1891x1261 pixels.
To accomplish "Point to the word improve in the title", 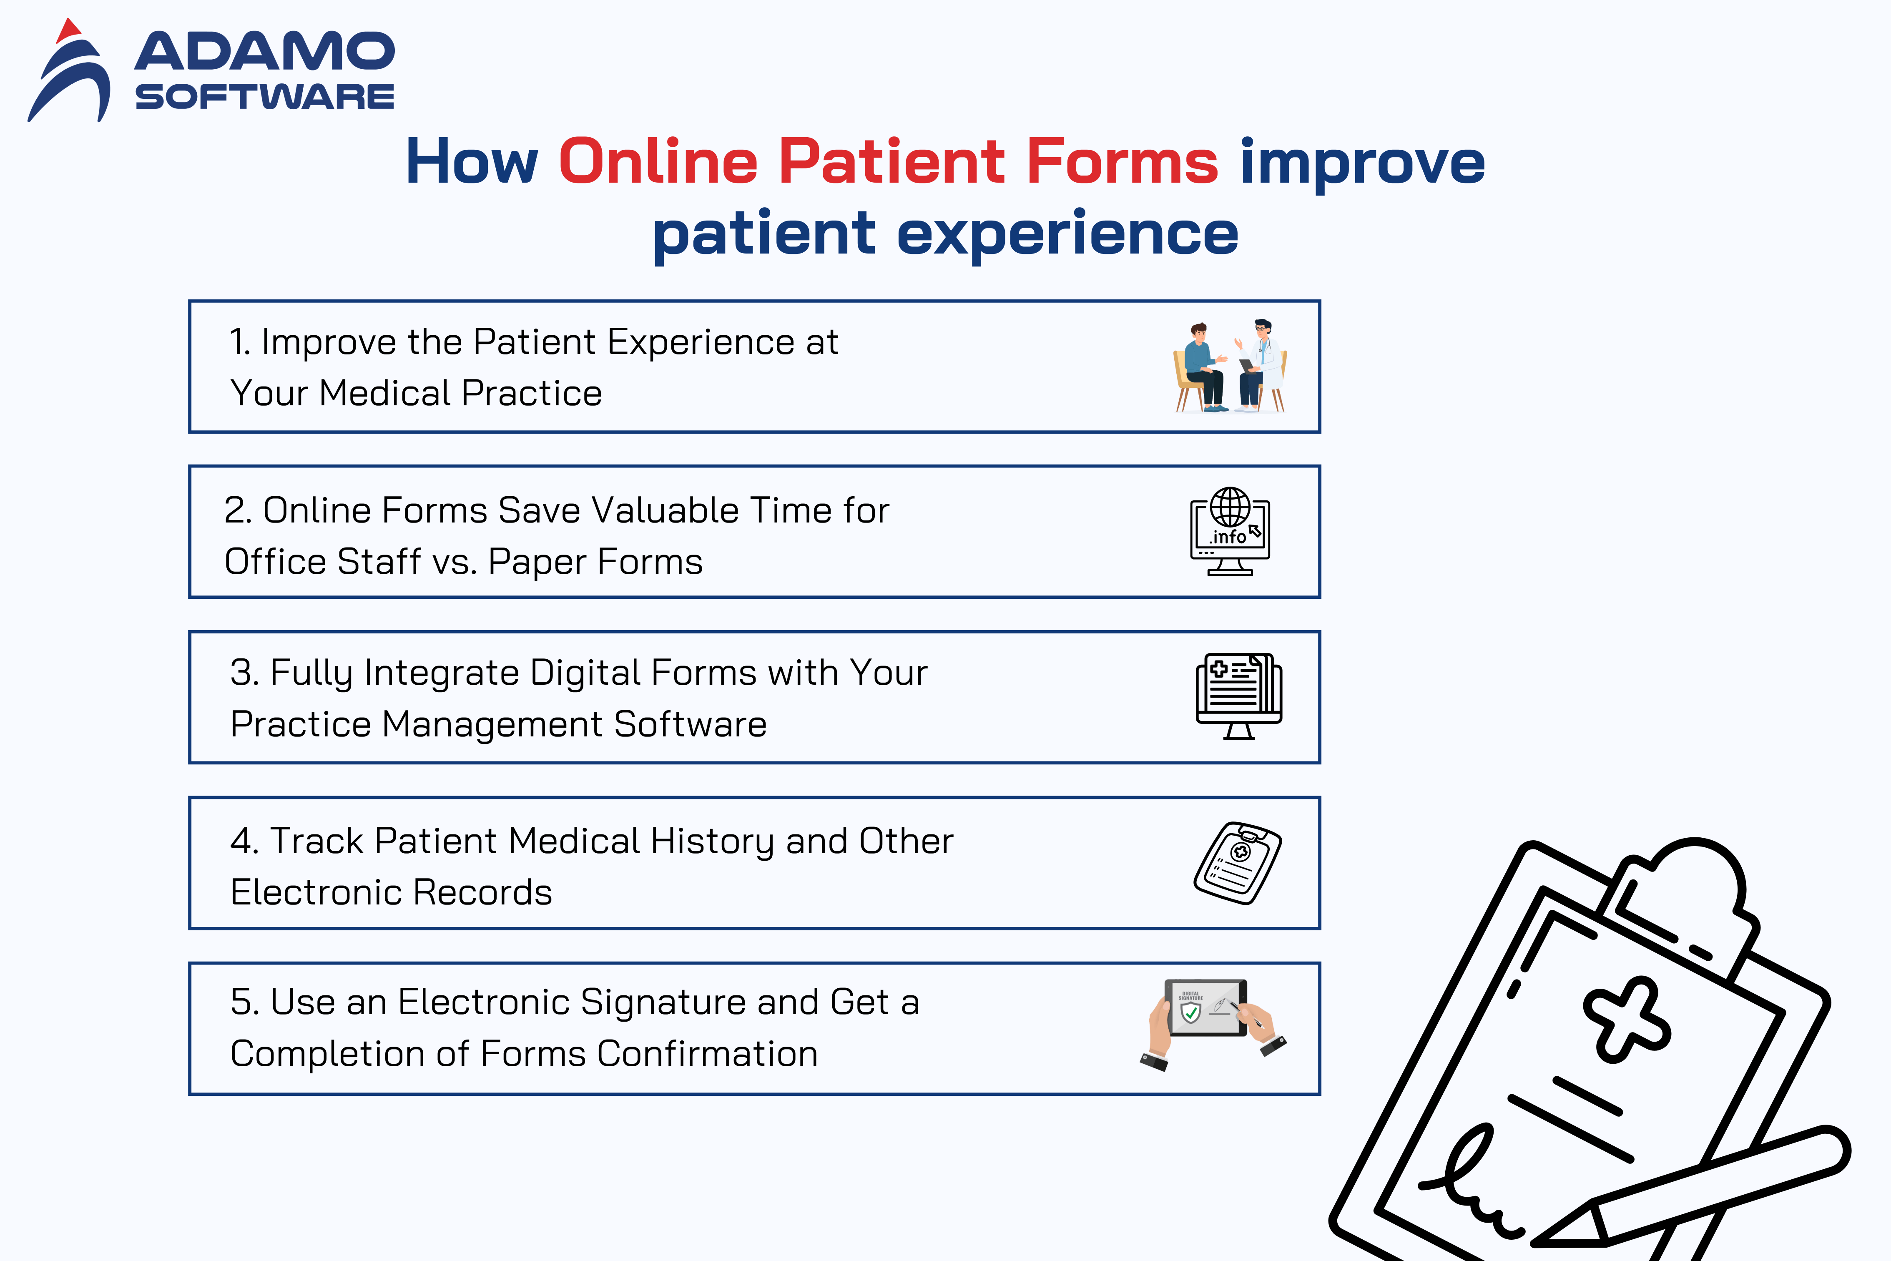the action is coord(1362,163).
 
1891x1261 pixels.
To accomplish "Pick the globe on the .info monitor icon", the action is coord(1230,507).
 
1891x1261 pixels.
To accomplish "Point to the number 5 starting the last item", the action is coord(241,1002).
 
